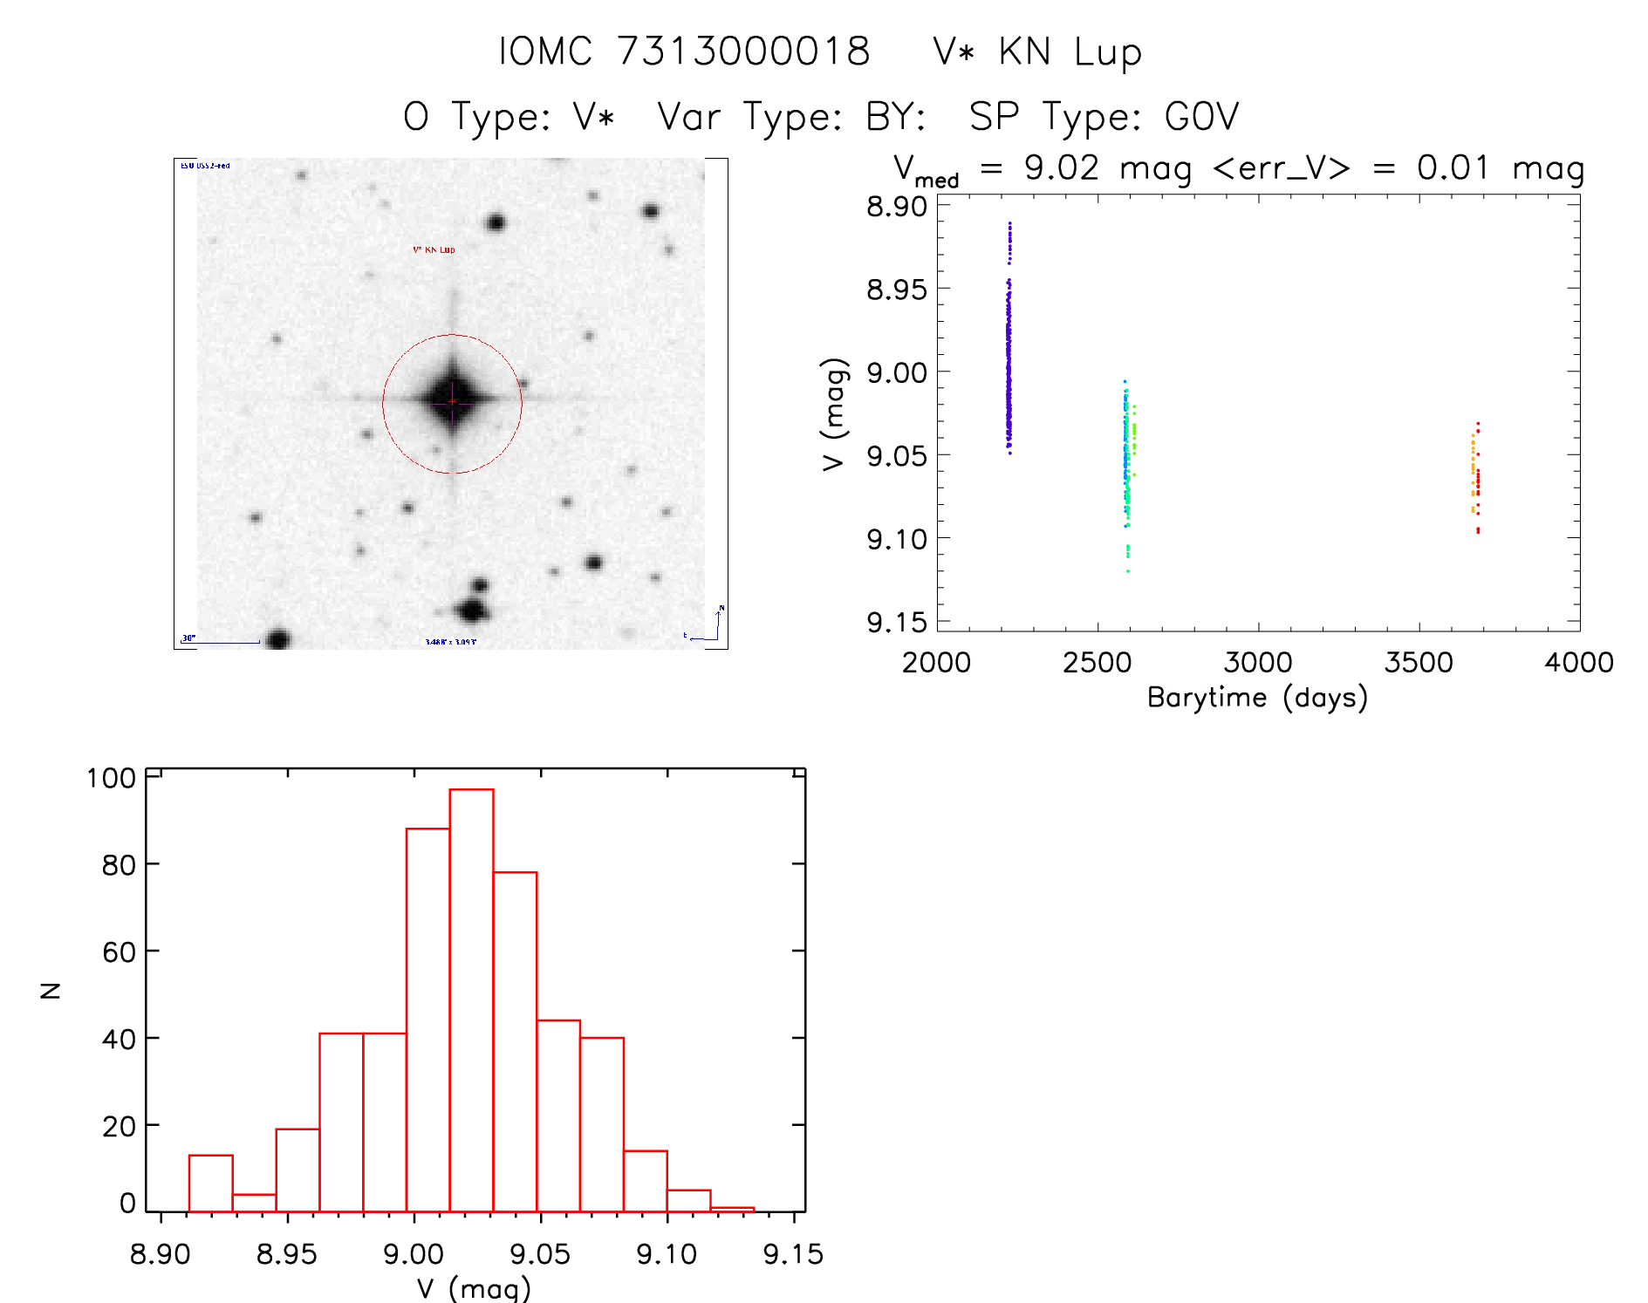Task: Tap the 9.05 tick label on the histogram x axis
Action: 540,1254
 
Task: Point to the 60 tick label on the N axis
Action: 119,952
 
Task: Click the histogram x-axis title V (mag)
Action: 473,1288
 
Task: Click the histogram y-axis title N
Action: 51,990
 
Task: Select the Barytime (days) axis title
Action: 1257,698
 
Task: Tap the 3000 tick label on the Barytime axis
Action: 1257,663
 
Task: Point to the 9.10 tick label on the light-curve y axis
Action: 896,539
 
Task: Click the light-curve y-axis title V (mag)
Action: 834,414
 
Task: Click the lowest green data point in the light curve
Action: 1128,571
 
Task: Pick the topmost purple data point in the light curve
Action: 1009,223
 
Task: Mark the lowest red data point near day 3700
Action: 1478,531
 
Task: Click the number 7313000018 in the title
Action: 743,51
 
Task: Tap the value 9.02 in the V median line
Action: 1061,167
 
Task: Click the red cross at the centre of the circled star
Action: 452,401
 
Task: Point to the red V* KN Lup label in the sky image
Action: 434,249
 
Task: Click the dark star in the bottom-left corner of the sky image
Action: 278,639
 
